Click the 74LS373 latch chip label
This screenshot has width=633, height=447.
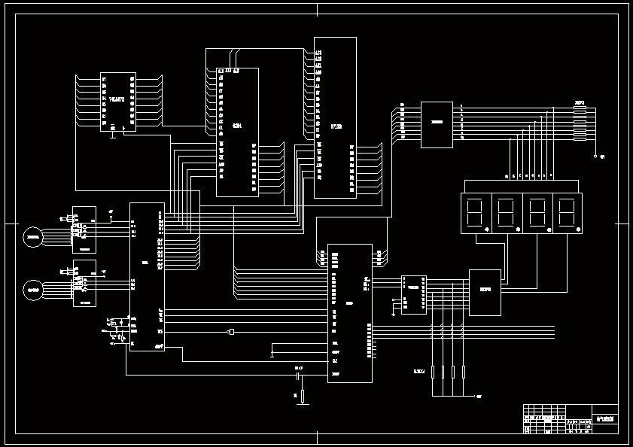[117, 99]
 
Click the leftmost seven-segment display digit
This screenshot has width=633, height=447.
[475, 213]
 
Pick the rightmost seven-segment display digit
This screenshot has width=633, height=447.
[568, 213]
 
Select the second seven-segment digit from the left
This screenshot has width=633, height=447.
[506, 213]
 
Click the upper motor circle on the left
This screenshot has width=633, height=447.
[33, 238]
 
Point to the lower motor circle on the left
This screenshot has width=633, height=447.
[33, 289]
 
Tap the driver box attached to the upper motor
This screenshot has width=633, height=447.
[84, 230]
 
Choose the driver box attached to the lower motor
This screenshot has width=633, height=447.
[84, 283]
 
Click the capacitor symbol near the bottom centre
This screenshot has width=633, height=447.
[298, 374]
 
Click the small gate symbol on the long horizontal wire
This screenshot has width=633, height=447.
[231, 332]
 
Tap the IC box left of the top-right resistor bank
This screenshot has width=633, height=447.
[437, 124]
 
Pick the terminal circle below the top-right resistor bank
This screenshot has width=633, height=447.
[595, 157]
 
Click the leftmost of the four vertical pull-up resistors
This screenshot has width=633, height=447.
[433, 372]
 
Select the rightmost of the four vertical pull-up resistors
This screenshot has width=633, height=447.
[464, 372]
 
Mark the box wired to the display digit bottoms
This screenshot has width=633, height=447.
[485, 292]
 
